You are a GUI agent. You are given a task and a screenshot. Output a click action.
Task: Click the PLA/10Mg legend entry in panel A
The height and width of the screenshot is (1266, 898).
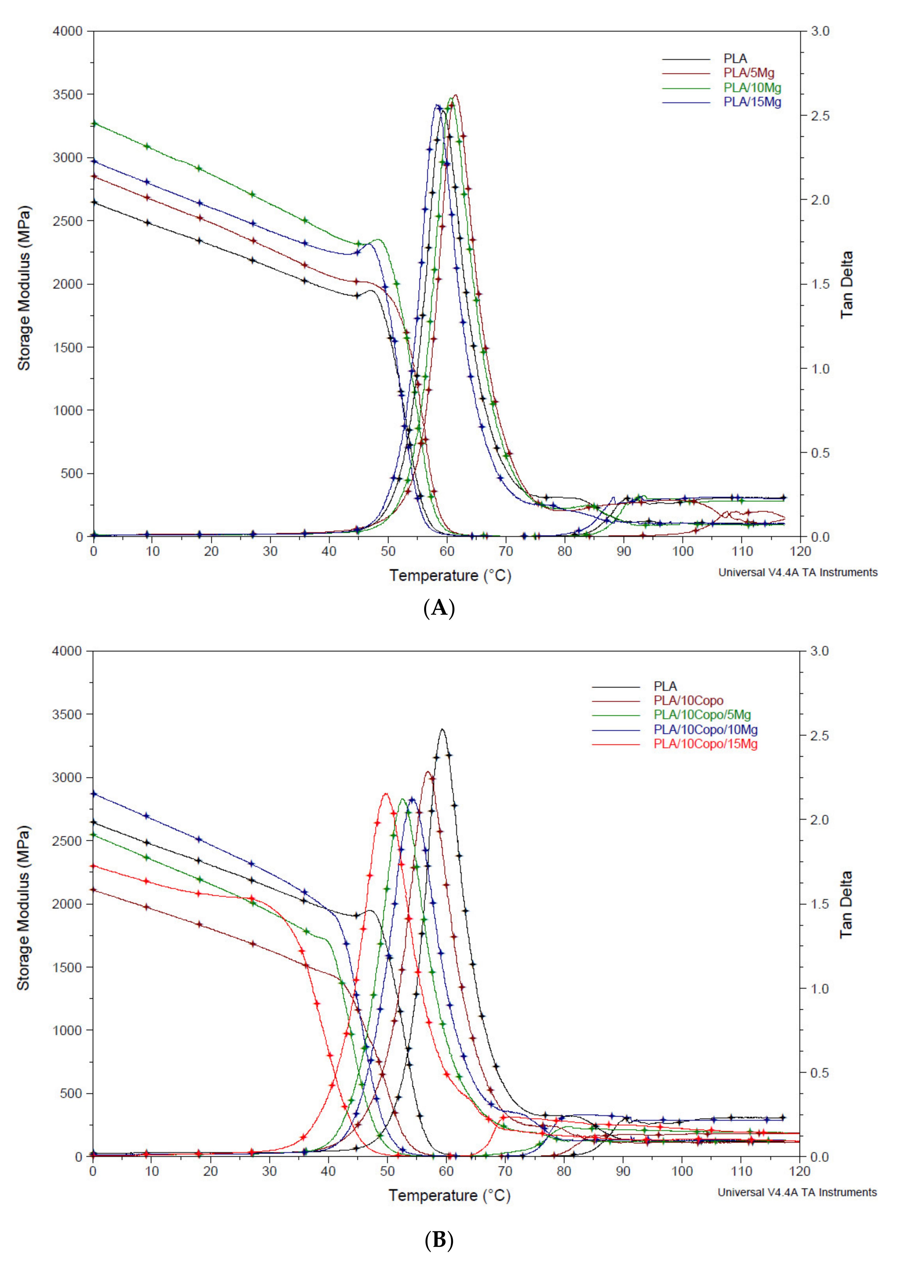click(x=752, y=87)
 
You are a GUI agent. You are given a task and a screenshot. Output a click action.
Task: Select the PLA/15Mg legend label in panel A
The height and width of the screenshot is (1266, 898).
click(x=752, y=102)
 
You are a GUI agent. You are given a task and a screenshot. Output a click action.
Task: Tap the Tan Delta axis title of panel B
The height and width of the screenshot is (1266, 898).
click(x=846, y=905)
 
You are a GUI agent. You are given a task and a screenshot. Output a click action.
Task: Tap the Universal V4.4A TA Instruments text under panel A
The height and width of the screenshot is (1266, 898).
click(x=797, y=573)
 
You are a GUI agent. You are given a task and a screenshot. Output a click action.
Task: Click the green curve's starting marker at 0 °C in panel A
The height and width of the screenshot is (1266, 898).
click(x=94, y=123)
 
